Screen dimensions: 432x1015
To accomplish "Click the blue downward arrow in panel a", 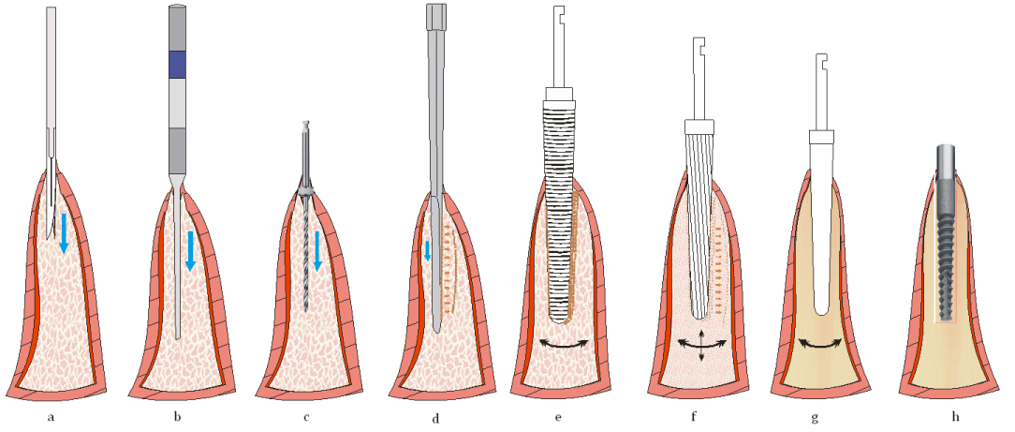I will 63,232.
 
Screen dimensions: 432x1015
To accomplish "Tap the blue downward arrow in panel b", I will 190,249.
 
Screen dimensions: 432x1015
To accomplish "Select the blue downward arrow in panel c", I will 317,249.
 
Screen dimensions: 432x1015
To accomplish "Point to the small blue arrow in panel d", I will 428,249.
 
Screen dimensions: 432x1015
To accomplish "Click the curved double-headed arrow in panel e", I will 565,345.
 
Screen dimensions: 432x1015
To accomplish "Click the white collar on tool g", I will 821,137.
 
